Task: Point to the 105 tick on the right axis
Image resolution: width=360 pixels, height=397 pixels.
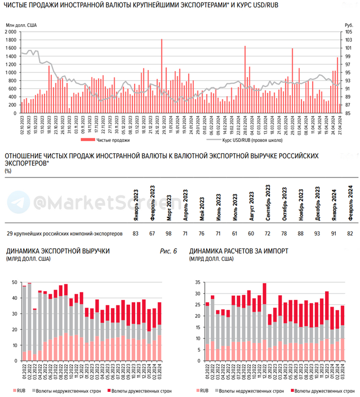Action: [348, 31]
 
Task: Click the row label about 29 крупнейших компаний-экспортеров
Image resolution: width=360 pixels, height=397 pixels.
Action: [64, 233]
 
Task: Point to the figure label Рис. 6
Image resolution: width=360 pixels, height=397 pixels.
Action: [169, 251]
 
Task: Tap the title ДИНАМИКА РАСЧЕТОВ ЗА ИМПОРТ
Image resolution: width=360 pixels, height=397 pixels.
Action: [239, 251]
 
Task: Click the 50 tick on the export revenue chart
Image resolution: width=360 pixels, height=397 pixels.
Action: [15, 282]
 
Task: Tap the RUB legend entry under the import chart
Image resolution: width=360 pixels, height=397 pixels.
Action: [203, 391]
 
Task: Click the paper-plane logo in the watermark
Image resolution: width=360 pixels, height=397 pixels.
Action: [15, 201]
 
